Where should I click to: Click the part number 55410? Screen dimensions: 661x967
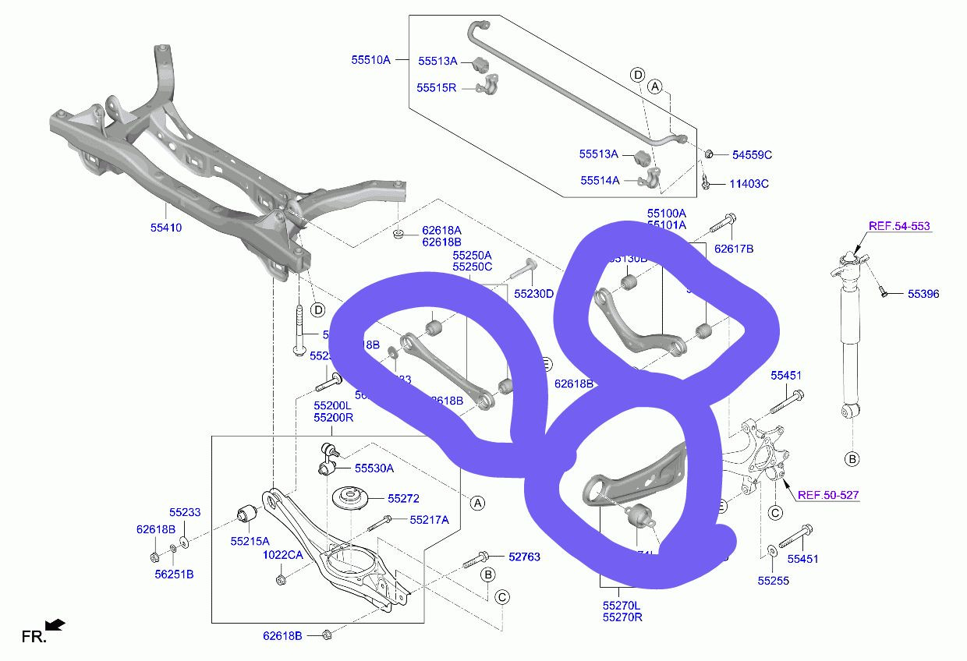click(166, 229)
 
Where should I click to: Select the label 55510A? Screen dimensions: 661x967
click(370, 59)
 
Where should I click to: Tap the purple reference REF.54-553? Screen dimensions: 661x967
click(899, 227)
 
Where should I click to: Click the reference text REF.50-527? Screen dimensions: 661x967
click(828, 495)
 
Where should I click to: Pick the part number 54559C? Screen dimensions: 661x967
click(752, 155)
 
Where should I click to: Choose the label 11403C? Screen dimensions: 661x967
click(749, 184)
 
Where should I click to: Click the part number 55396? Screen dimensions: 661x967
click(923, 294)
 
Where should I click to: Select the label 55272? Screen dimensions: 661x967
click(403, 498)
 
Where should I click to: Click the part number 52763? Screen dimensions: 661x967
click(524, 557)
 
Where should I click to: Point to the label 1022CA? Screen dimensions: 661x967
click(282, 555)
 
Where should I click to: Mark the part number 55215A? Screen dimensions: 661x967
click(250, 540)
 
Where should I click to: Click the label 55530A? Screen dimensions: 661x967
click(374, 468)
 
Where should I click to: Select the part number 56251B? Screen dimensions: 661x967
click(173, 574)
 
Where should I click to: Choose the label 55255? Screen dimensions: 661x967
click(774, 580)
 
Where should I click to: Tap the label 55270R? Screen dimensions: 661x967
click(622, 617)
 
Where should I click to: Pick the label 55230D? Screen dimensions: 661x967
click(533, 294)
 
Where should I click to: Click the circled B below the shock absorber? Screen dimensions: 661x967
click(852, 458)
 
